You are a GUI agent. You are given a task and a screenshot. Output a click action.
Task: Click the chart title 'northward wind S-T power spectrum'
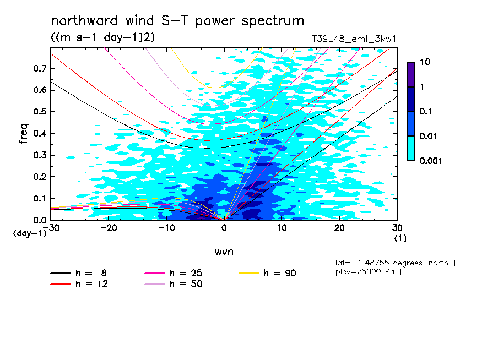click(177, 21)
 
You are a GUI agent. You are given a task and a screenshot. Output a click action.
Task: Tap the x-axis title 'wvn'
click(224, 252)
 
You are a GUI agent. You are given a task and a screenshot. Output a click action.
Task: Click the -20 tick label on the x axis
click(108, 227)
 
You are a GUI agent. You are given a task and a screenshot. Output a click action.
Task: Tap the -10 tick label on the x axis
click(166, 227)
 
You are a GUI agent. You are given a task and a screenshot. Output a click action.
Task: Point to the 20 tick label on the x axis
click(339, 227)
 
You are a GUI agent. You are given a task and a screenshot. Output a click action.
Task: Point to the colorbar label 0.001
click(431, 161)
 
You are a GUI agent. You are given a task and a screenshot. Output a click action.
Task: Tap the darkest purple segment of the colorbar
click(411, 74)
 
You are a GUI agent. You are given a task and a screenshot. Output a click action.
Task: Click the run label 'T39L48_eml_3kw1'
click(354, 39)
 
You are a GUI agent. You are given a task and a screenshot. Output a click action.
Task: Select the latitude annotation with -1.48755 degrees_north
click(391, 263)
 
